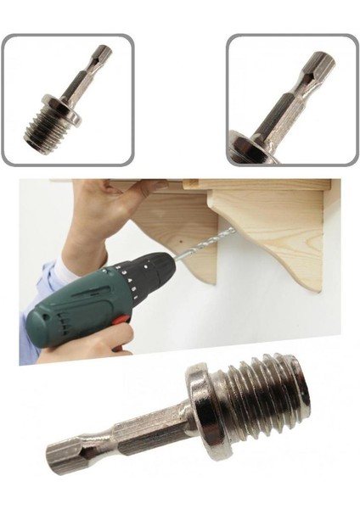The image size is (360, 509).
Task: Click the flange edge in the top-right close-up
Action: (x=246, y=148)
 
